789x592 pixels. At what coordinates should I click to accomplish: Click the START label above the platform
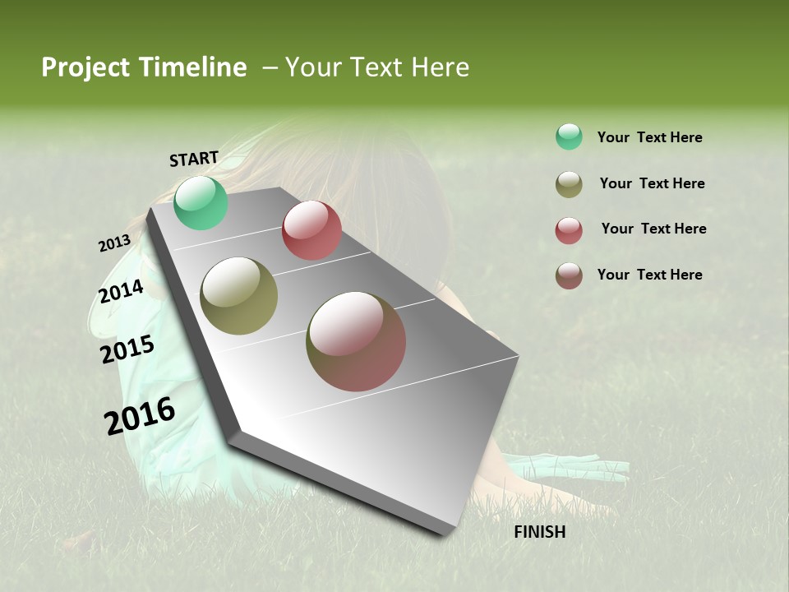(x=194, y=159)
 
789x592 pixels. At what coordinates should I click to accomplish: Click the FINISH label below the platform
(x=540, y=532)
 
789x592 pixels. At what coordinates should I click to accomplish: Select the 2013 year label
(x=114, y=243)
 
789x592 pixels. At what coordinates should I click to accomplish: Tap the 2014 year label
(x=122, y=292)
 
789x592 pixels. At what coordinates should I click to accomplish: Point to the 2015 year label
(x=127, y=349)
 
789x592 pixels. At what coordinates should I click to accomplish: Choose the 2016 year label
(x=140, y=416)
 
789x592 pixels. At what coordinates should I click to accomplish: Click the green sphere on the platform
(x=201, y=203)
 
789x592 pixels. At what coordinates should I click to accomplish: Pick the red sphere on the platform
(x=311, y=230)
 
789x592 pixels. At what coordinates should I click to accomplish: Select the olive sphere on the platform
(x=239, y=296)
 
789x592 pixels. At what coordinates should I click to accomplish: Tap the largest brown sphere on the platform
(x=356, y=341)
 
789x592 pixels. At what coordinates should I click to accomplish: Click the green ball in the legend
(x=569, y=136)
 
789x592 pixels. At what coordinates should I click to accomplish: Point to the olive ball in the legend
(x=569, y=184)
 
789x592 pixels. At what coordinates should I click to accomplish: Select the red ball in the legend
(x=569, y=230)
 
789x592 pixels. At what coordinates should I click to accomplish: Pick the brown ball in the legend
(x=569, y=275)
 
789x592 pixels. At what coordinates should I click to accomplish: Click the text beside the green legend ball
(x=649, y=137)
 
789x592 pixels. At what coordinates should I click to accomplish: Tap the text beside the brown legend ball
(x=649, y=275)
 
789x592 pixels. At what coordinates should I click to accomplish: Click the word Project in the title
(x=85, y=67)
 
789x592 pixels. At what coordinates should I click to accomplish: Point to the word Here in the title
(x=440, y=67)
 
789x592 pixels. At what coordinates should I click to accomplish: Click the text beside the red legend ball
(x=653, y=229)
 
